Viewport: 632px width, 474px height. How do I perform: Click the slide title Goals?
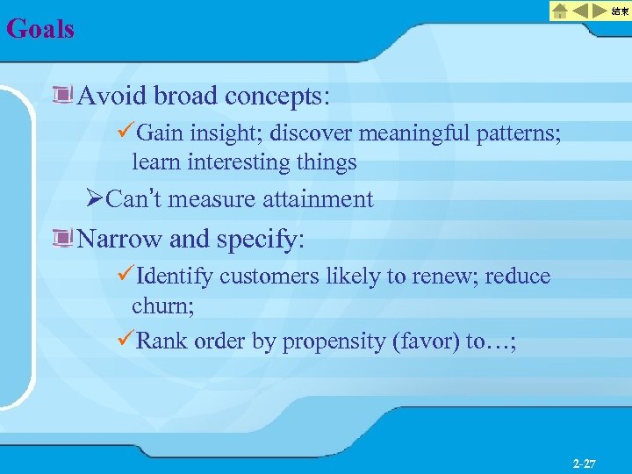click(40, 29)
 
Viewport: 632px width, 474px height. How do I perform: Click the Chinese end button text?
click(620, 11)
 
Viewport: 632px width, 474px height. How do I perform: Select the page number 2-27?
click(584, 463)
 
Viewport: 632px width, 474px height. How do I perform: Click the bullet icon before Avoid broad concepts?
click(62, 95)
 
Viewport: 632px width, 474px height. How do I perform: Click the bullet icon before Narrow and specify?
click(62, 239)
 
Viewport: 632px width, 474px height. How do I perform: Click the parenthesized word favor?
click(423, 341)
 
